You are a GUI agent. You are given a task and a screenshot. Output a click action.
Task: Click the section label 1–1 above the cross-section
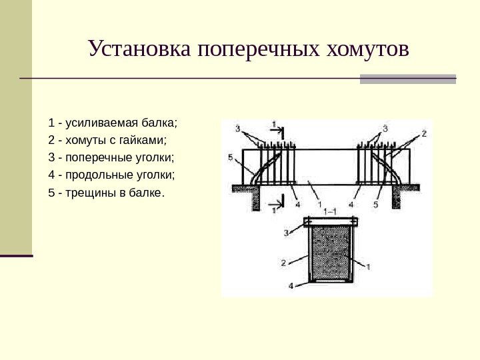[329, 211]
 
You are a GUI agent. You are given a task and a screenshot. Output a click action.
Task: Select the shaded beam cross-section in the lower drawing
[331, 253]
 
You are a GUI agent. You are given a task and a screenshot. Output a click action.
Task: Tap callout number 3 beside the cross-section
[286, 233]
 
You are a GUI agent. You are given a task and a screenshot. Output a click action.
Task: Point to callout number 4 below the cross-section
[291, 285]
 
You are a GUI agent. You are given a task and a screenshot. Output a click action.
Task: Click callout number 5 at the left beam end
[230, 158]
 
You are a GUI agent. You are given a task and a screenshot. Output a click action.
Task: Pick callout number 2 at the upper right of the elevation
[423, 133]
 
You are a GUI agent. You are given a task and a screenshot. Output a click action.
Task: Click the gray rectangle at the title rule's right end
[407, 79]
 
